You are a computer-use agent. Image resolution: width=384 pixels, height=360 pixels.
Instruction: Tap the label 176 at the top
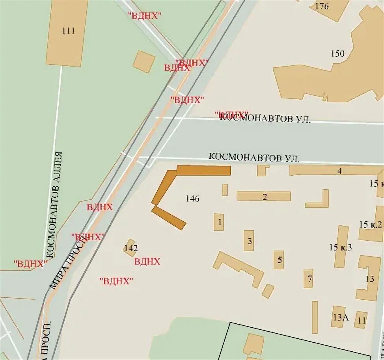322,6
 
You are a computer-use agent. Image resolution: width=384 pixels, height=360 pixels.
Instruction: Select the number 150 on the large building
337,54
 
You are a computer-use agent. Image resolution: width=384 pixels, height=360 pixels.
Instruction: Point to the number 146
192,199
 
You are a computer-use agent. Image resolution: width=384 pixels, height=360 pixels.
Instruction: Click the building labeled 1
219,222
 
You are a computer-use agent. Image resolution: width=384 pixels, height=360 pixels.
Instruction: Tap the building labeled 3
248,241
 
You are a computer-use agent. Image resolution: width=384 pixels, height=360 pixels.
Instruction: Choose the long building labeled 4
335,171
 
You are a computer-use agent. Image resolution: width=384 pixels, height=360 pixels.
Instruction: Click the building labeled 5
279,260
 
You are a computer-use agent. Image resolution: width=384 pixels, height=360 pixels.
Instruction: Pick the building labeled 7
308,279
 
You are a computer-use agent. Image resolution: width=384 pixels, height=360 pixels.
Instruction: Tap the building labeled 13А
338,317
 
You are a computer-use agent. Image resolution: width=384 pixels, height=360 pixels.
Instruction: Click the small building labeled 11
361,320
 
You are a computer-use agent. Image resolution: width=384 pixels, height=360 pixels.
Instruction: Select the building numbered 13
369,278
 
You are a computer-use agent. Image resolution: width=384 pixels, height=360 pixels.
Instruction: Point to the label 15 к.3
340,247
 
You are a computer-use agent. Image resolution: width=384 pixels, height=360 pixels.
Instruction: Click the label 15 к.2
371,225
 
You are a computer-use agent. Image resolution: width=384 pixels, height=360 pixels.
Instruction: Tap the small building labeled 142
130,248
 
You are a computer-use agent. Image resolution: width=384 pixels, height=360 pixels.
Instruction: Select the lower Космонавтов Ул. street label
254,158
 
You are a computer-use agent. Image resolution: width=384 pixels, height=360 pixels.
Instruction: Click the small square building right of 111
144,62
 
